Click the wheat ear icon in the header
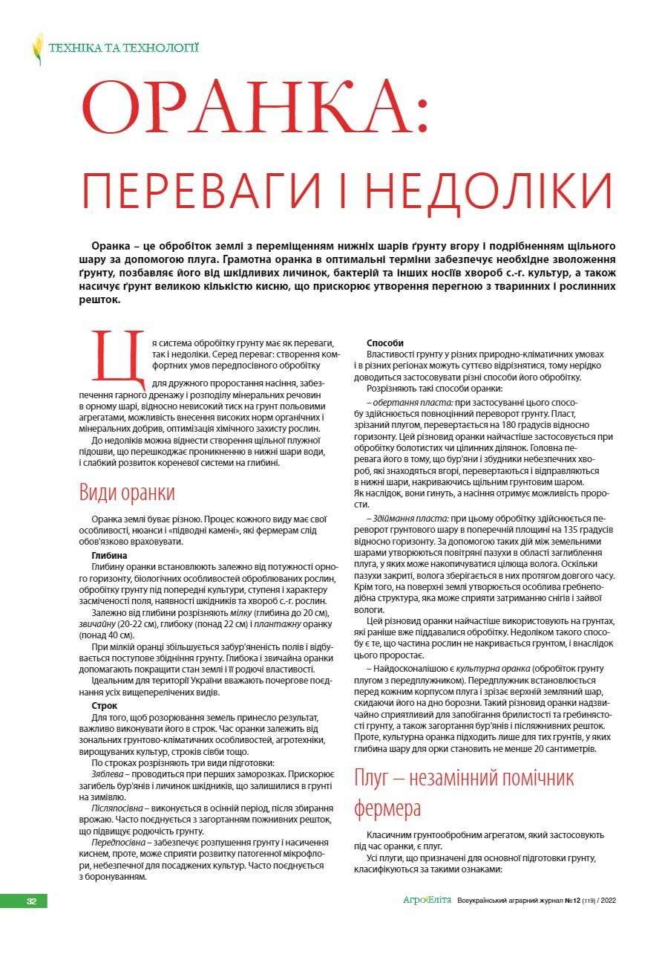coord(38,48)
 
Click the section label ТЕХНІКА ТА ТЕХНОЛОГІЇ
coord(123,49)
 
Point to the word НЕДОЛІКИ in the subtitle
coord(490,192)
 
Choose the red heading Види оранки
coord(127,493)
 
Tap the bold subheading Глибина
coord(109,555)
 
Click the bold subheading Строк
coord(105,705)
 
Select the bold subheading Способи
coord(386,343)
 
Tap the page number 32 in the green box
coord(31,901)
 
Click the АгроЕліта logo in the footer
coord(427,901)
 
